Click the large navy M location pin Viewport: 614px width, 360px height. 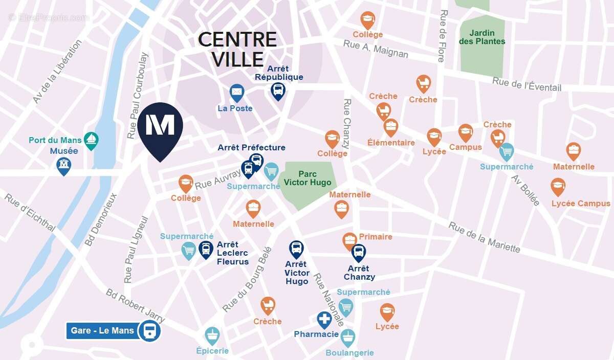[160, 127]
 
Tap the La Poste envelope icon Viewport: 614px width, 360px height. [236, 93]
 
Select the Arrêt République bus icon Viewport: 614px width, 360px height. [278, 91]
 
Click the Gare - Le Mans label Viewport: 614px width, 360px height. [102, 330]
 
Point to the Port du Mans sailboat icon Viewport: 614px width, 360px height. [91, 140]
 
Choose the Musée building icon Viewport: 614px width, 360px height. [64, 165]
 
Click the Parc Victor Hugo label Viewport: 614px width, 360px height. [308, 178]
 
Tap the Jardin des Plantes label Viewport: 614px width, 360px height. [482, 37]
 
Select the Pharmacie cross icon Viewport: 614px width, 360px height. [324, 320]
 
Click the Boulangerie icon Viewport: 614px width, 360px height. [348, 337]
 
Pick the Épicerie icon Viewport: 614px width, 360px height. [212, 335]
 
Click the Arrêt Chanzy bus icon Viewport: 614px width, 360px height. [359, 252]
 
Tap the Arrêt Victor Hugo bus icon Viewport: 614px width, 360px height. [296, 249]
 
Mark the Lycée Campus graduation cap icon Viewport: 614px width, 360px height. [558, 186]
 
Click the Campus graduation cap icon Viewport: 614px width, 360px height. [465, 132]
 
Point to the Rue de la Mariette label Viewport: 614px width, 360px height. [484, 237]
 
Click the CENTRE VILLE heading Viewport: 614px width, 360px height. [237, 49]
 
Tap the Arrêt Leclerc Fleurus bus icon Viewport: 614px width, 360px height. [206, 250]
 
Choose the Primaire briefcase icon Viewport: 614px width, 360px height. [349, 240]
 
